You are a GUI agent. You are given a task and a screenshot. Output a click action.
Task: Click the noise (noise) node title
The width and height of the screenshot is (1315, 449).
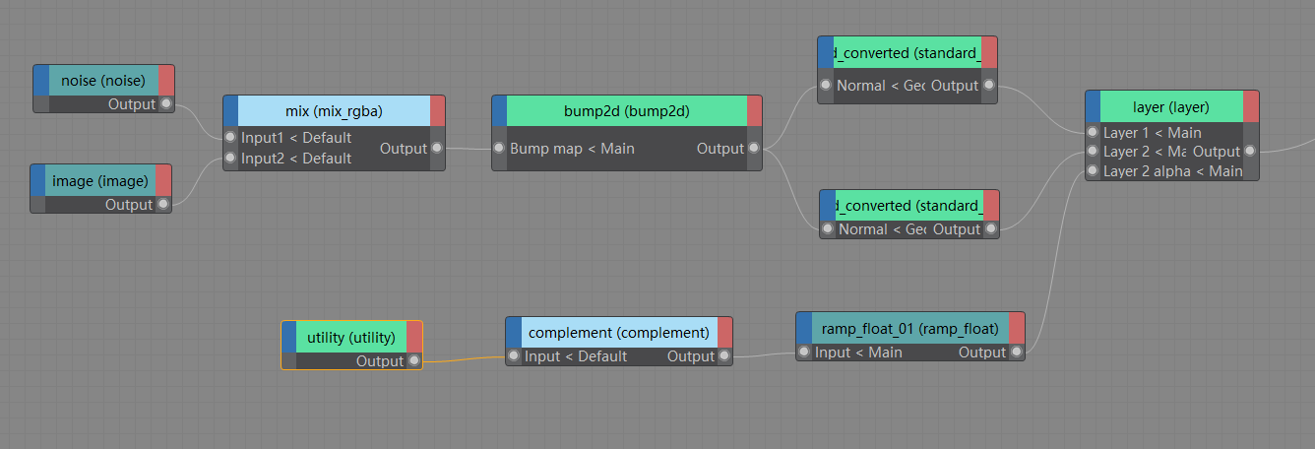[103, 80]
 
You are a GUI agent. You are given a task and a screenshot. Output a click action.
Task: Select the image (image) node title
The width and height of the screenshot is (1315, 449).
[100, 180]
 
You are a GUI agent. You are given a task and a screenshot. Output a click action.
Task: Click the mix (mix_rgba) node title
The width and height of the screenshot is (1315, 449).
[334, 110]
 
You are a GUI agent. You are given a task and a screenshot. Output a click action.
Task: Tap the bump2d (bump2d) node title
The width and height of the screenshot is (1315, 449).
[626, 111]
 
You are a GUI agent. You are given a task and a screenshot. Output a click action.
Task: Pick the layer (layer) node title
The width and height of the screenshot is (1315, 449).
[1170, 106]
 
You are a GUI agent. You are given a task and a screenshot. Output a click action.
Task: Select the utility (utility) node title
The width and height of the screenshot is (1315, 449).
[350, 337]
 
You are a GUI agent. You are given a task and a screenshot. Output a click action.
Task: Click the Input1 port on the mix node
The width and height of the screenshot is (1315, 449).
[230, 138]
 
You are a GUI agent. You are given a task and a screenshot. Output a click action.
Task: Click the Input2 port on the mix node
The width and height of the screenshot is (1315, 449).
[230, 159]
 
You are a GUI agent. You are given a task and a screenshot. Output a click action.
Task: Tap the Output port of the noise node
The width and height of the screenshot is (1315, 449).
[166, 104]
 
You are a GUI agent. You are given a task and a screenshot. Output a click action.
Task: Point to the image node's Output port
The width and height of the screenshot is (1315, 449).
[163, 205]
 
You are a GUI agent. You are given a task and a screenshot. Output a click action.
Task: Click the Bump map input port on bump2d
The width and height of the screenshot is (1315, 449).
[499, 149]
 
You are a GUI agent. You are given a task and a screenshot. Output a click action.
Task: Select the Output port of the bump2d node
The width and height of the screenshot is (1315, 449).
[754, 149]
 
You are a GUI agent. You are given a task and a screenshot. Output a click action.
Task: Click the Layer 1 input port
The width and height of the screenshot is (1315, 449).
[1093, 133]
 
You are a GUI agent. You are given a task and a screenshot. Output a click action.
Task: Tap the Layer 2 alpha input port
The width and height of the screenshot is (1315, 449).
[1093, 171]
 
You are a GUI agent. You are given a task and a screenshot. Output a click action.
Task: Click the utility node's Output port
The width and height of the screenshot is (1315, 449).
[414, 361]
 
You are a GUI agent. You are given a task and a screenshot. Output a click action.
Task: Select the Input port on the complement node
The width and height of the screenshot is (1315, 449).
[514, 356]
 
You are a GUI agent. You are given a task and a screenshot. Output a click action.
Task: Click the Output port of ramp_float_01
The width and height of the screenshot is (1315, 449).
[1017, 353]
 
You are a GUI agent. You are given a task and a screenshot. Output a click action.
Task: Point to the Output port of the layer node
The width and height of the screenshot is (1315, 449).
[1250, 152]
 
